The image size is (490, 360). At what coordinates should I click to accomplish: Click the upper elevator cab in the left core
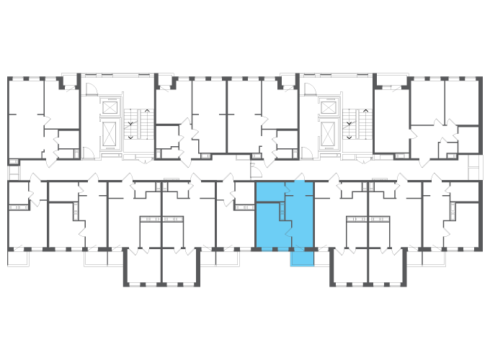110,107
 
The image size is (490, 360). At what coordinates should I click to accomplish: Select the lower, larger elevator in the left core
110,133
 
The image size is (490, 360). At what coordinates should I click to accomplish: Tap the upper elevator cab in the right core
329,107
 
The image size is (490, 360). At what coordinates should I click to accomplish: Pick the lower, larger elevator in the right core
329,133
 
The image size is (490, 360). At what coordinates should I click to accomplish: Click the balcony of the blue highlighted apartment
302,258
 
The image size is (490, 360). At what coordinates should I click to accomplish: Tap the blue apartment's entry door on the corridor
300,179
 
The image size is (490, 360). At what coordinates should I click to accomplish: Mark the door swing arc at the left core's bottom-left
88,152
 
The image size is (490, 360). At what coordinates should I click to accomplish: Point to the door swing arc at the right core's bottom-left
306,152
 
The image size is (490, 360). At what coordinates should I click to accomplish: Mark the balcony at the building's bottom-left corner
17,258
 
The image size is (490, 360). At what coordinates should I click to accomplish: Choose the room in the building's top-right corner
462,102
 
